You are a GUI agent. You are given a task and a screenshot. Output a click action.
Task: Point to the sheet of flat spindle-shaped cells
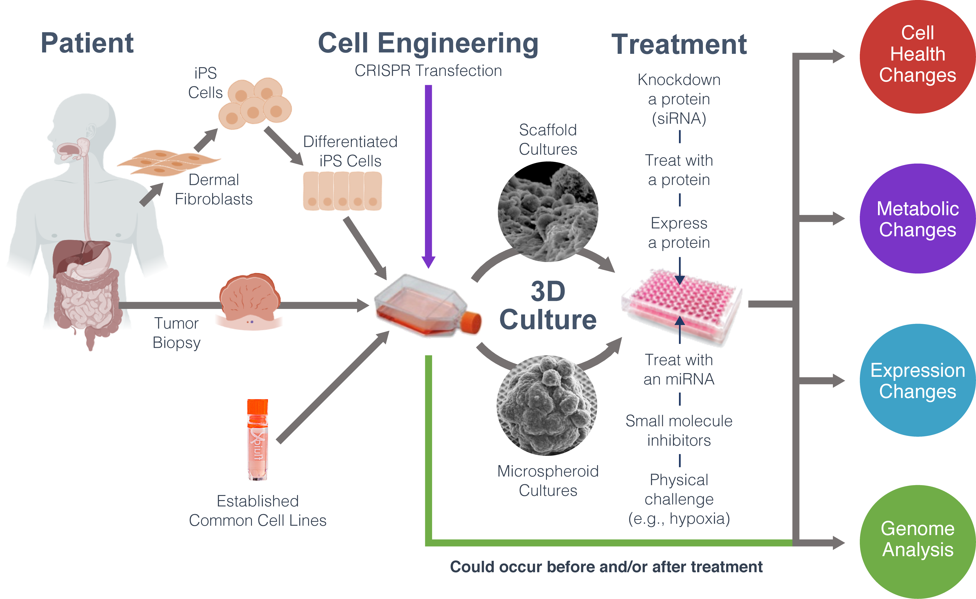(168, 162)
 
